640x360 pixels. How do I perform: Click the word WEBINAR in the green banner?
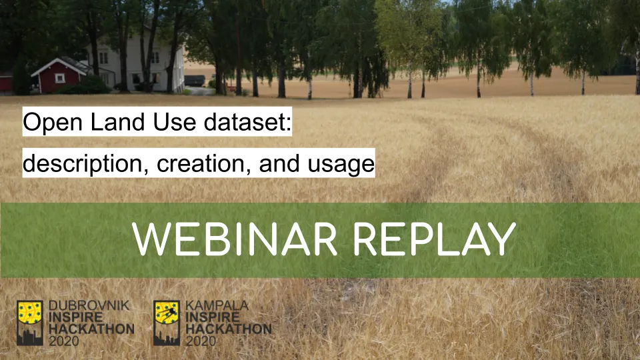click(234, 239)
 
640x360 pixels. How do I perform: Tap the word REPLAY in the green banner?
click(434, 239)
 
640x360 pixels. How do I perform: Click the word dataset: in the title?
click(248, 121)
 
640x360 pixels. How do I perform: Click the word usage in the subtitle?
click(341, 164)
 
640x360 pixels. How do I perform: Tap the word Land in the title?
click(117, 121)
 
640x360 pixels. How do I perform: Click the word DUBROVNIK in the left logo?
click(89, 305)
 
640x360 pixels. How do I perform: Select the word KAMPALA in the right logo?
click(217, 305)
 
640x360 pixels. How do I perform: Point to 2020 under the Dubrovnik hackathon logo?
click(64, 341)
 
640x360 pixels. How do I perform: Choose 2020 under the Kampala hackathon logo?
click(201, 341)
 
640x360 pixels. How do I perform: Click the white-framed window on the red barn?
click(59, 78)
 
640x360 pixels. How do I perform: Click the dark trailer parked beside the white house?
click(195, 81)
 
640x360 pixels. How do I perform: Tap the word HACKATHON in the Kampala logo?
click(229, 329)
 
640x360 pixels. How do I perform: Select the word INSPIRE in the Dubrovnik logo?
click(76, 317)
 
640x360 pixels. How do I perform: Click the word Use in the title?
click(174, 121)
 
